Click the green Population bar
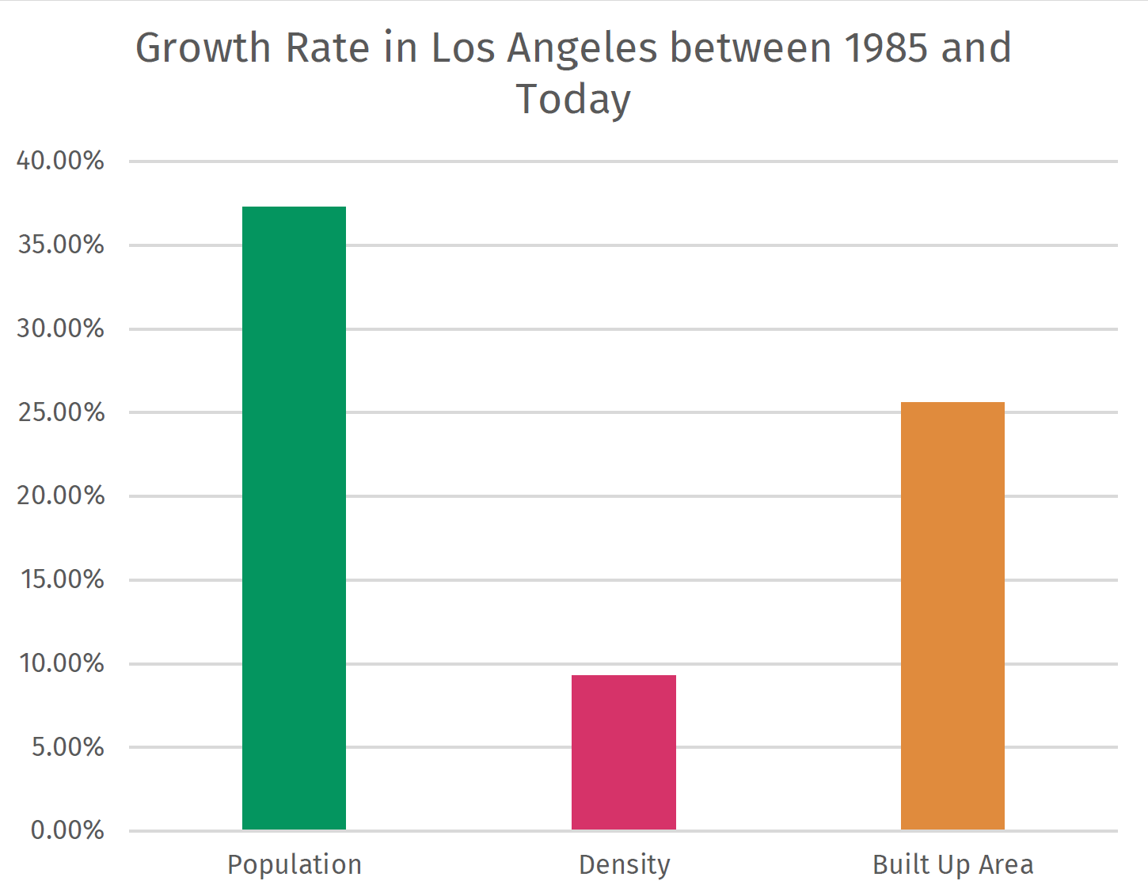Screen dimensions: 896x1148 click(294, 518)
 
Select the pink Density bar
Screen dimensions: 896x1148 click(624, 752)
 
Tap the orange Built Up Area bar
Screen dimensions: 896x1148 click(952, 616)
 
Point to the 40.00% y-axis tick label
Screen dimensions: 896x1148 click(60, 161)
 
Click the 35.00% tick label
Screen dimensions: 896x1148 click(60, 245)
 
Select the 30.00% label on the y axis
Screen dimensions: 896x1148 click(60, 328)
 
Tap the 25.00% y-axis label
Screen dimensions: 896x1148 click(60, 412)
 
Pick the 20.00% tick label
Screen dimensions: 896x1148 click(60, 495)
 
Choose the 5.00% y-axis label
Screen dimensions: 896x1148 click(67, 747)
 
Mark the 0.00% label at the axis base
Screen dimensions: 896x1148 click(67, 830)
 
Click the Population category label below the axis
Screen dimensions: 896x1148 click(294, 865)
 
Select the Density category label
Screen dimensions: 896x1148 click(624, 865)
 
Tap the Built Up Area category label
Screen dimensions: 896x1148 click(952, 865)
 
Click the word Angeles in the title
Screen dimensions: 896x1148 click(582, 49)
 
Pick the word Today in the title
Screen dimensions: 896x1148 click(573, 100)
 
